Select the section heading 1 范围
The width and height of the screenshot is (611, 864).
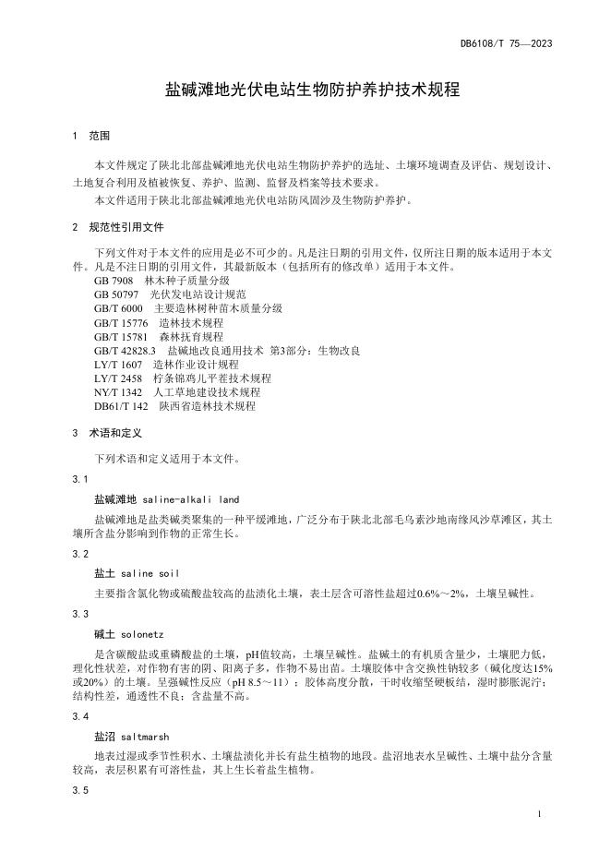click(90, 136)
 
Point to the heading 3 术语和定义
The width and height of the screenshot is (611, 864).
click(109, 432)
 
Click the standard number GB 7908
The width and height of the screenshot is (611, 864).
click(114, 280)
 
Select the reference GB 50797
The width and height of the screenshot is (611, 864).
click(116, 294)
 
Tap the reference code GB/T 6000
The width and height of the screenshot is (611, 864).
click(118, 307)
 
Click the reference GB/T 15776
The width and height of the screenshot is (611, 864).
click(121, 322)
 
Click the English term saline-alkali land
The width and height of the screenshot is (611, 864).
click(191, 498)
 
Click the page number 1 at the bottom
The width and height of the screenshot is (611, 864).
click(537, 816)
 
